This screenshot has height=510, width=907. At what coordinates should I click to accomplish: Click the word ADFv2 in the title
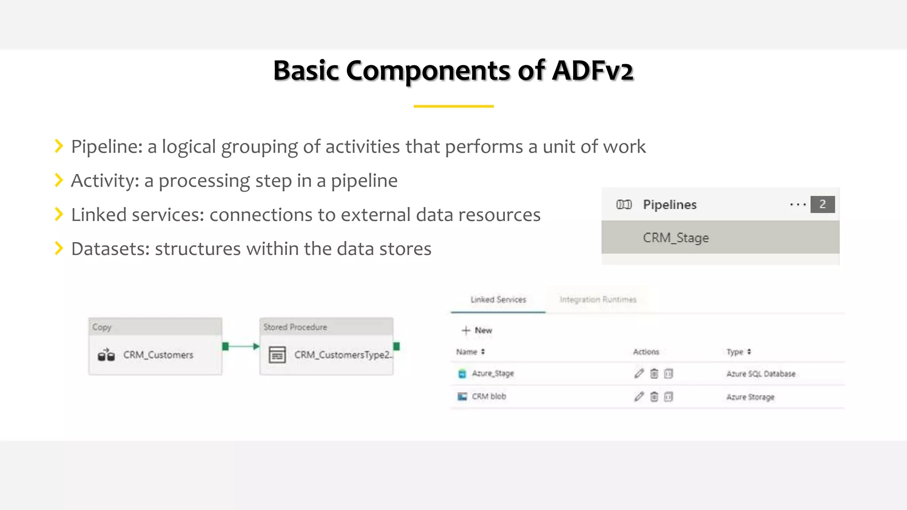[593, 71]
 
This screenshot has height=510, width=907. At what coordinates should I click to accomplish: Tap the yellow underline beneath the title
[453, 106]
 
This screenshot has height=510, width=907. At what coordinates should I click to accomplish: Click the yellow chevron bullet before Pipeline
[58, 146]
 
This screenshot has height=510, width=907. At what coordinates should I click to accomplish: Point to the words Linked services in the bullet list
[137, 215]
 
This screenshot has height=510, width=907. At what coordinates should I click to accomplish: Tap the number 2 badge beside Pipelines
[822, 204]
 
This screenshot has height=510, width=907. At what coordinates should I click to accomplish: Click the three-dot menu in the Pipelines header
[798, 205]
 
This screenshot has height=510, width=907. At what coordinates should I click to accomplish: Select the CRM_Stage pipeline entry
[675, 238]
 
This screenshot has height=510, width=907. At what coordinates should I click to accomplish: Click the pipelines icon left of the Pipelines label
[624, 205]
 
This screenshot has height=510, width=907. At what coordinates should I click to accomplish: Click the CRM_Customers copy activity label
[158, 355]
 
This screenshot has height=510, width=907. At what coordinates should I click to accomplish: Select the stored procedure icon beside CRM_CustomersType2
[277, 355]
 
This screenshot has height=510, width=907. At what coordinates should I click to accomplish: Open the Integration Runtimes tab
[597, 300]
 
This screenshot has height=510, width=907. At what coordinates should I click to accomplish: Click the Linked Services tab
[498, 300]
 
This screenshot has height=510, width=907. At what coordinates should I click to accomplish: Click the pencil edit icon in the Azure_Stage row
[639, 374]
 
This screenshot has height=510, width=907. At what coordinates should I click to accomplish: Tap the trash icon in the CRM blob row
[654, 397]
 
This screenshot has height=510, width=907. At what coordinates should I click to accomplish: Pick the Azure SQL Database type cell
[761, 374]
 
